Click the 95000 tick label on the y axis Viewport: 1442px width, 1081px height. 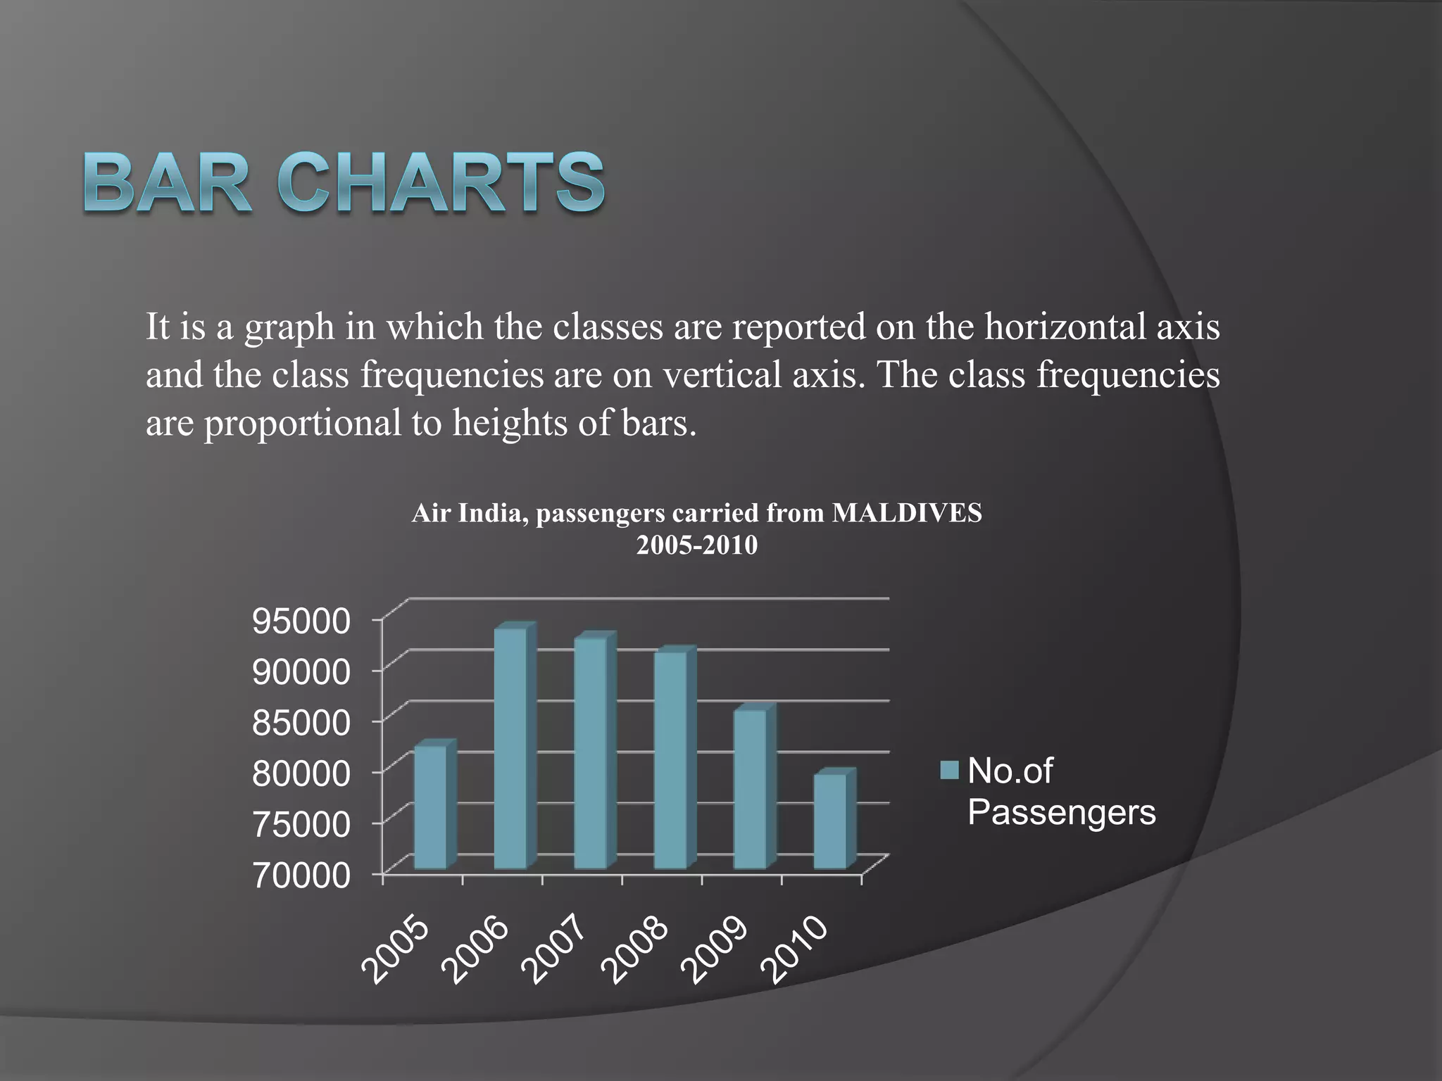[301, 621]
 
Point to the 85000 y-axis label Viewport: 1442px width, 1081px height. [301, 723]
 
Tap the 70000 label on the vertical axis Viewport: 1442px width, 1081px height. [301, 876]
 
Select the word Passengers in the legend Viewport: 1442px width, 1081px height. [1061, 812]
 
